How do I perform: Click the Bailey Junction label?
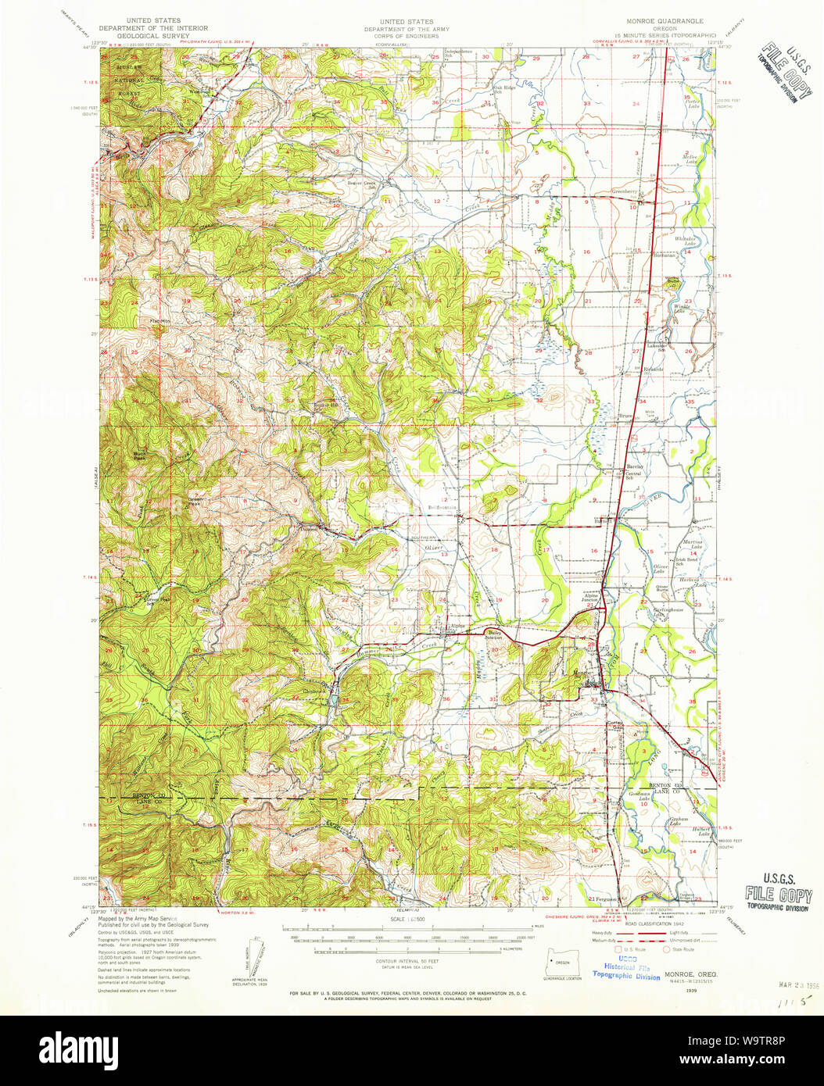494,635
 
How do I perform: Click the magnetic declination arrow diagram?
252,958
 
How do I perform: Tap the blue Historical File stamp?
625,970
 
